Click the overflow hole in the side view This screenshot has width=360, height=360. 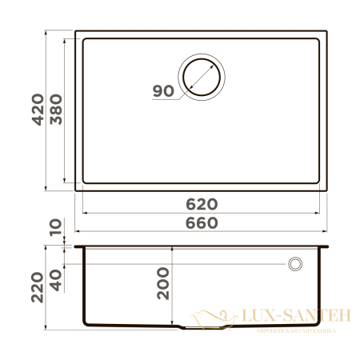pos(295,263)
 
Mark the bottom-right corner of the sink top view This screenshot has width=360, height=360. pos(327,190)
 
